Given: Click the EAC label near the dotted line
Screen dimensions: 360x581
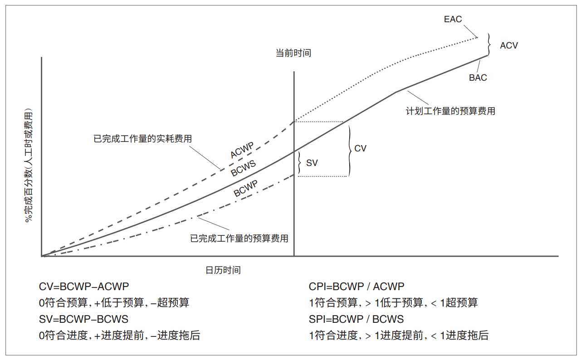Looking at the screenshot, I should (453, 19).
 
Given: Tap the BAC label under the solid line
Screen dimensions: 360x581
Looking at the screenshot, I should (478, 78).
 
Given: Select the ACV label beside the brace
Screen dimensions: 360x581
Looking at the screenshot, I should (508, 45).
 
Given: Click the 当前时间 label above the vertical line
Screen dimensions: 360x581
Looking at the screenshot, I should (293, 53).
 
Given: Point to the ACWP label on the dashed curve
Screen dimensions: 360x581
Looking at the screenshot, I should (242, 150).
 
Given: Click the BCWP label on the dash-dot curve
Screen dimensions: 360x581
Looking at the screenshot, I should (245, 188).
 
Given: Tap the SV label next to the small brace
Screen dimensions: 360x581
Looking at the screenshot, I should (312, 163).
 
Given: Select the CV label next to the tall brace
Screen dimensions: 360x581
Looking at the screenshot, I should (360, 148).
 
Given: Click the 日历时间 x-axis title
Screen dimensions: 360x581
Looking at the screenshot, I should (223, 270).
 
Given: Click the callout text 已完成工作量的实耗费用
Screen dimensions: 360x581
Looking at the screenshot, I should (142, 138).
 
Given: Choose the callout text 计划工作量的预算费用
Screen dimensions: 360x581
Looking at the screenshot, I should (450, 111).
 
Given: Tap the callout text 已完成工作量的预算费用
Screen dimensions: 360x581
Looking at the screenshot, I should (239, 238).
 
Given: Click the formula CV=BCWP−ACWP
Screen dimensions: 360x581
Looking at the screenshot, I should (84, 287).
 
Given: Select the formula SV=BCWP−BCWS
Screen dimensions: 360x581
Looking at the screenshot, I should (84, 319).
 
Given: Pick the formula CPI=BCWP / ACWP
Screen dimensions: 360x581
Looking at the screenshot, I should (356, 287).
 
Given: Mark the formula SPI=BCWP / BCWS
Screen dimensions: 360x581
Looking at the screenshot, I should (356, 319).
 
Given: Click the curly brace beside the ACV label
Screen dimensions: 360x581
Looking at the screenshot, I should (489, 44).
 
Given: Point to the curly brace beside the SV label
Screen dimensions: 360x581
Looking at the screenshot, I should (299, 163).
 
